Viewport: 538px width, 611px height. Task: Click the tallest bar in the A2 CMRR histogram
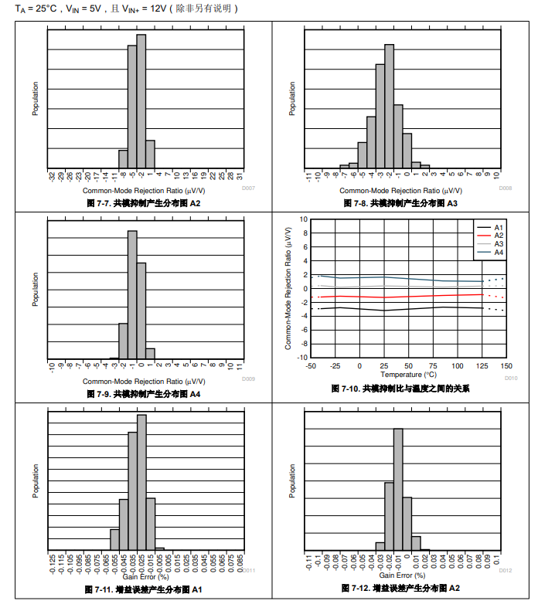(x=141, y=100)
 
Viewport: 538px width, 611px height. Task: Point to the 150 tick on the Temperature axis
(x=506, y=366)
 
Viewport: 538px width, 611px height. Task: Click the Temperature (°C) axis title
(x=408, y=375)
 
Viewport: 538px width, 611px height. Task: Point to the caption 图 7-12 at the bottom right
(x=400, y=589)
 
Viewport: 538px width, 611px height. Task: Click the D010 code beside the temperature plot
(x=510, y=378)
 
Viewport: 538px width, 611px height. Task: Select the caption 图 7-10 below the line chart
(x=400, y=389)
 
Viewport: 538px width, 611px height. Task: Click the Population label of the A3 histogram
(x=292, y=99)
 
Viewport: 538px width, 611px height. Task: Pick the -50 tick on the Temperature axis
(x=311, y=366)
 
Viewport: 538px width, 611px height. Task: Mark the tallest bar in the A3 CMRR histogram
(x=389, y=105)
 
